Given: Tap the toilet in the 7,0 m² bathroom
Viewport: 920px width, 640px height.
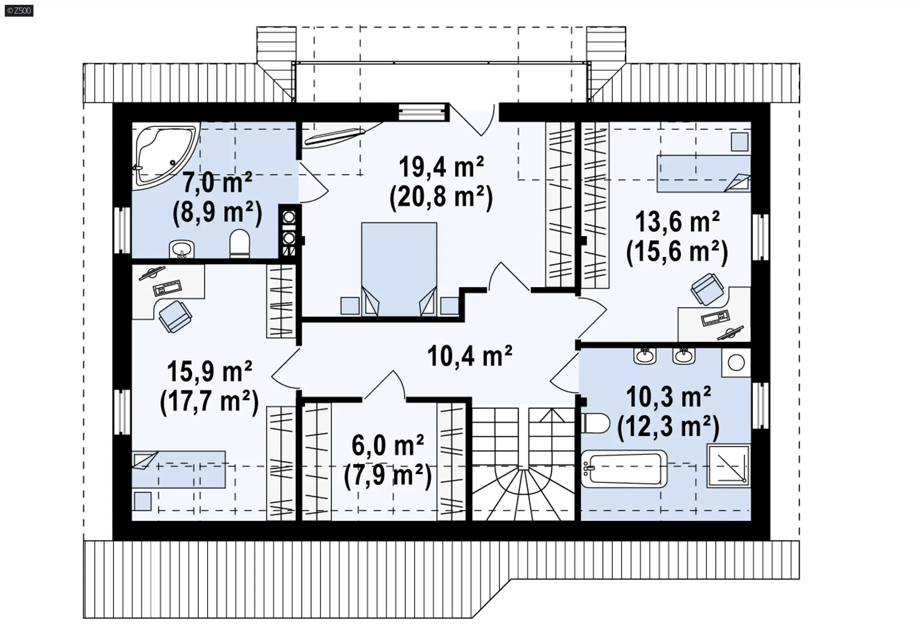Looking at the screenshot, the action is click(x=240, y=244).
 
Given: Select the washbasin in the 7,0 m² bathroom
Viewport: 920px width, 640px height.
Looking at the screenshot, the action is click(x=182, y=249).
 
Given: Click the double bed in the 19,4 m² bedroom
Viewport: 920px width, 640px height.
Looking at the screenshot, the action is click(x=399, y=269).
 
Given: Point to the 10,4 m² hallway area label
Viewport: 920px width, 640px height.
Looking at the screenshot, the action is click(x=470, y=356).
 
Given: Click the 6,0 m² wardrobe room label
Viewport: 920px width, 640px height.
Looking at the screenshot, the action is click(x=388, y=445).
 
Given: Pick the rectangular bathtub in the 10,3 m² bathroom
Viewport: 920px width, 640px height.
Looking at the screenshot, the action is click(x=624, y=468).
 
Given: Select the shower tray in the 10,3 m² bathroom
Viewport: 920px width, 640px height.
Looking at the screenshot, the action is click(x=728, y=465).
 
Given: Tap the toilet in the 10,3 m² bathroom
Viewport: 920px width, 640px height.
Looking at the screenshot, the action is click(x=595, y=423).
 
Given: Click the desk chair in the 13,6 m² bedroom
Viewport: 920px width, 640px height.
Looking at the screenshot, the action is click(x=707, y=289).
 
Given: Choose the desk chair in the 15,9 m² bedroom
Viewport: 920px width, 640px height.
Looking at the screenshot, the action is click(x=175, y=316).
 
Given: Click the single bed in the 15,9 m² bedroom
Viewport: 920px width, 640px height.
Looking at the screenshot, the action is click(x=179, y=469).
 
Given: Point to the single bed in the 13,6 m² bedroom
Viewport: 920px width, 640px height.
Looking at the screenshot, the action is click(x=703, y=174).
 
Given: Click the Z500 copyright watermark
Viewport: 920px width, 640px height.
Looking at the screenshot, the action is click(x=19, y=11).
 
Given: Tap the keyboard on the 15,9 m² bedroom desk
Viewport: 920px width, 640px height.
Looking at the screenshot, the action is click(x=167, y=288).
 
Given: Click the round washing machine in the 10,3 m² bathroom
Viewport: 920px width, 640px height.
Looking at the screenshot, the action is click(x=736, y=362).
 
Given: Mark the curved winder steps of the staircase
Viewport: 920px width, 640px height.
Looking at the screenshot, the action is click(x=524, y=494).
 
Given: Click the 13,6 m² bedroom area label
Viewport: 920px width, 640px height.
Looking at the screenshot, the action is click(x=677, y=222).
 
